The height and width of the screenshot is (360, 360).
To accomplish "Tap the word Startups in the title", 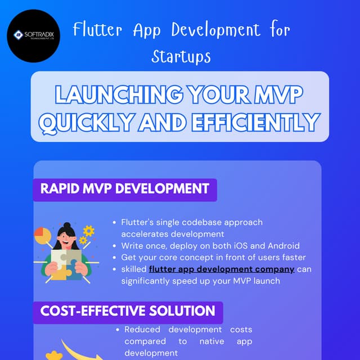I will point(181,56).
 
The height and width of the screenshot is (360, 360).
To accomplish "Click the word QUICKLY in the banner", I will point(85,121).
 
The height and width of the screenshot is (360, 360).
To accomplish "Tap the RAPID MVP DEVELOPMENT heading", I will point(124,188).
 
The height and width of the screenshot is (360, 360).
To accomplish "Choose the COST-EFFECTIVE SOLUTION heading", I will point(128,311).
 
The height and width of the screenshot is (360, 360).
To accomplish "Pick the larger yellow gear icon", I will point(88,231).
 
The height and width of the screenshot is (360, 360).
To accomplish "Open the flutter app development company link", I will point(222,269).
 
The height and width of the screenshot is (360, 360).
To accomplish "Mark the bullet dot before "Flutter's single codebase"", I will point(115,223).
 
